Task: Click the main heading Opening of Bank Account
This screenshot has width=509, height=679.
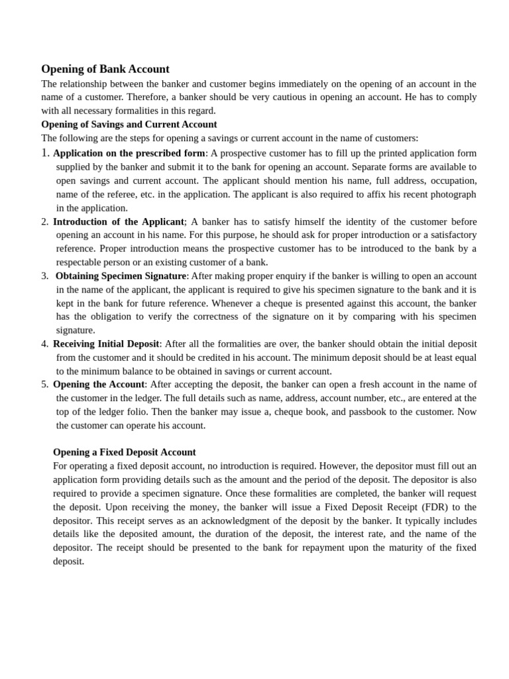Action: coord(105,69)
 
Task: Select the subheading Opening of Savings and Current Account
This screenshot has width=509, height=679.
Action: coord(129,124)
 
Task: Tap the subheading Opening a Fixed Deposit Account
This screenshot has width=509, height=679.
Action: coord(124,452)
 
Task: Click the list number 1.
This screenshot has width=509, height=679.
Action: coord(44,153)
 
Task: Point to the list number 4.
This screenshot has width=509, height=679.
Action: coord(44,344)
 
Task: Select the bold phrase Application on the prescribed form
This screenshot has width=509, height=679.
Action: coord(129,153)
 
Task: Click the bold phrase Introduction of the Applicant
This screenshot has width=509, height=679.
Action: coord(118,221)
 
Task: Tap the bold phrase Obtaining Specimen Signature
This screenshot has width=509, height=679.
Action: coord(121,276)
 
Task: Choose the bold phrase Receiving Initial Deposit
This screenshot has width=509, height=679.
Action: coord(106,344)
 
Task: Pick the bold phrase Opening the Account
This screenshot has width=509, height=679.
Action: coord(99,385)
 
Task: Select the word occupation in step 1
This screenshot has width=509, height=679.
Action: coord(453,180)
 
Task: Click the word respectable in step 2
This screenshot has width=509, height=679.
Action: coord(82,262)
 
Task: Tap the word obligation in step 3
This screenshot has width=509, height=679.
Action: coord(105,316)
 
